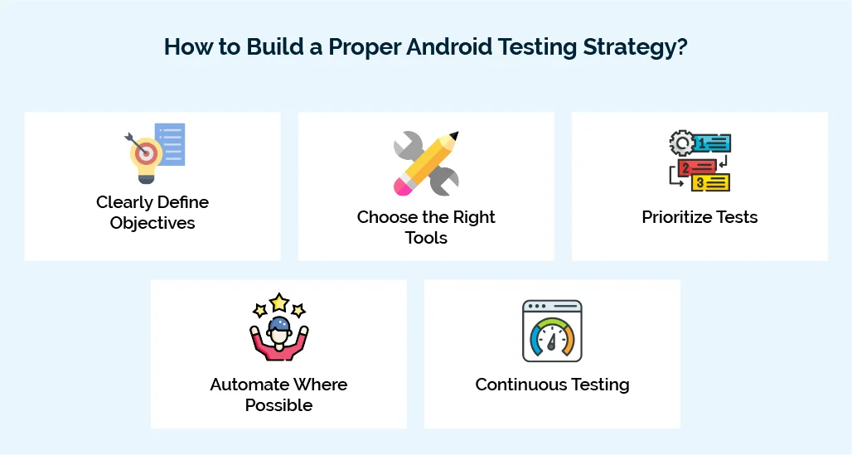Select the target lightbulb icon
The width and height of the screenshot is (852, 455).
point(146,153)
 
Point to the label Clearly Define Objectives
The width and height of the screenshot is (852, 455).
point(152,212)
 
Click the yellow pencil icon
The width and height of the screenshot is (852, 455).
point(427,162)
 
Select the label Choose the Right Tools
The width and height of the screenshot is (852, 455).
point(426,227)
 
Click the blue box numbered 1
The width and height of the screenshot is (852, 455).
point(710,143)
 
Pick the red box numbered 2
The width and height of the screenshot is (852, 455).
point(695,167)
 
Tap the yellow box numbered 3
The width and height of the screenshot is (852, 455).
point(710,182)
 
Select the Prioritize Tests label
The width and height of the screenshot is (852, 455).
point(700,217)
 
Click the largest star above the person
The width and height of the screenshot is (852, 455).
point(279,302)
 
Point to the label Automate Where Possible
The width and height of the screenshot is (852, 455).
point(278,394)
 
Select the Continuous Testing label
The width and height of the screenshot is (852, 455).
point(552,385)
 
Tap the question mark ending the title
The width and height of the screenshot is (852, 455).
point(682,46)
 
